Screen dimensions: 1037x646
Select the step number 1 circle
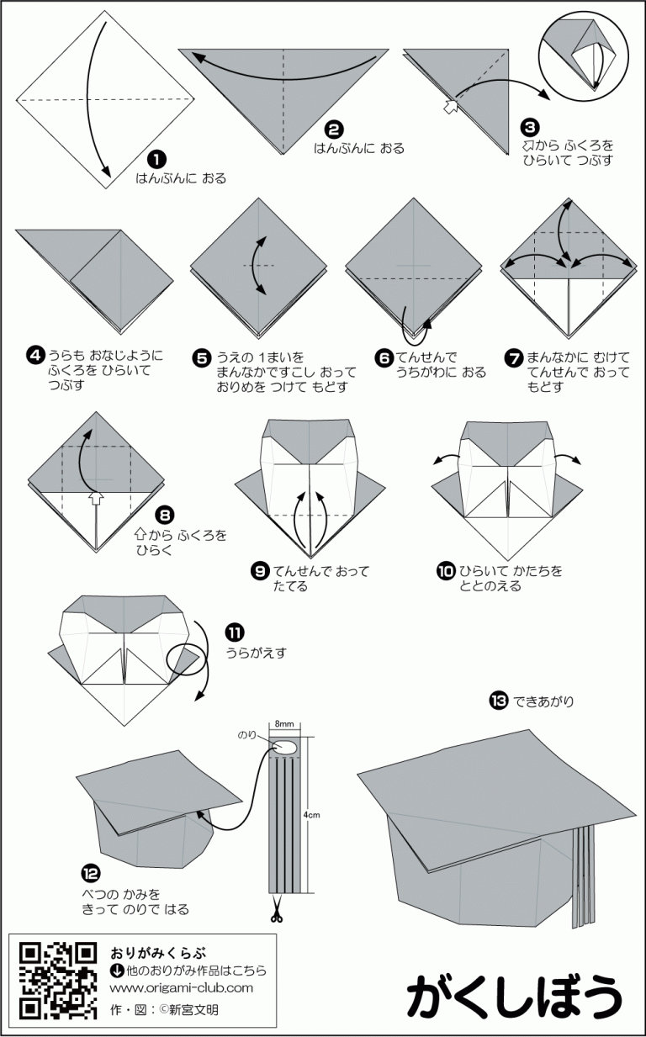coord(156,158)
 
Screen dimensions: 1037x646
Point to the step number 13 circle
coord(497,700)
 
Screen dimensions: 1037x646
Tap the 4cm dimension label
coord(311,815)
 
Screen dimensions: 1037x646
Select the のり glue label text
coord(248,734)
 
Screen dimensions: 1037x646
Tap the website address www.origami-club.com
coord(181,988)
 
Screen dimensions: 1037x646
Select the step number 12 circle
coord(89,871)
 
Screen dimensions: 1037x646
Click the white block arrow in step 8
coord(98,500)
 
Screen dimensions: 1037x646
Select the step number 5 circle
coord(202,357)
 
